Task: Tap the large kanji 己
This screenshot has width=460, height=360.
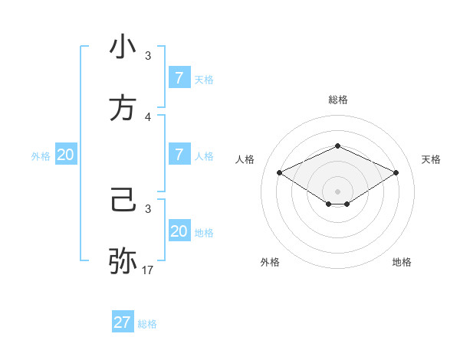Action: coord(123,201)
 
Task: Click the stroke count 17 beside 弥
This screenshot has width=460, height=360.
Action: coord(148,270)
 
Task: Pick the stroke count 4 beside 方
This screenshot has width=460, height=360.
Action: coord(148,117)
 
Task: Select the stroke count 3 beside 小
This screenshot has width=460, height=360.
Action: coord(148,56)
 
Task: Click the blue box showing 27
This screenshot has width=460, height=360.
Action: coord(123,322)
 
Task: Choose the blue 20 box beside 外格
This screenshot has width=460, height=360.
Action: coord(66,155)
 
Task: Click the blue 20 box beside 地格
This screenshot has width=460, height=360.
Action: coord(179,231)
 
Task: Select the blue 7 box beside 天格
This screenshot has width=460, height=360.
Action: coord(179,77)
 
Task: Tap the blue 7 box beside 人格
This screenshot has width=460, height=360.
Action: coord(179,155)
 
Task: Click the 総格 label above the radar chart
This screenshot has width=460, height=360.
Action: coord(337,100)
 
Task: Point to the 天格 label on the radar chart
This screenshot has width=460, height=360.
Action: coord(431,159)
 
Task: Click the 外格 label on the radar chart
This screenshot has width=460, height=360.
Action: coord(270,262)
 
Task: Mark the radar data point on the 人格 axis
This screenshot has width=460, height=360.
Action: coord(279,172)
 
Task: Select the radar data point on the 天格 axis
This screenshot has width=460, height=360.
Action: coord(396,172)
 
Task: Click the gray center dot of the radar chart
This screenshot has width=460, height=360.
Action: coord(337,191)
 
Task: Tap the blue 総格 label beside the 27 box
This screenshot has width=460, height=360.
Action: coord(147,324)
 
